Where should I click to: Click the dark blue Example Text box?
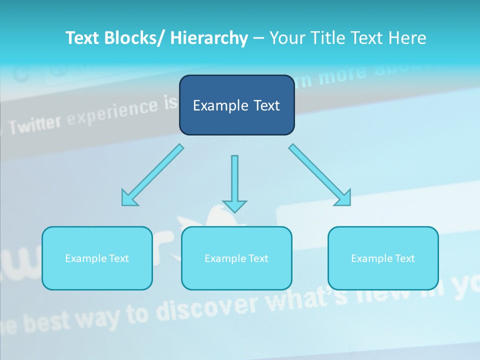(236, 105)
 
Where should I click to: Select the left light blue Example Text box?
(97, 258)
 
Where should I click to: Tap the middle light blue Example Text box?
(236, 258)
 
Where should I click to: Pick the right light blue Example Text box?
(383, 258)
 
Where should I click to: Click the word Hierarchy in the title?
(208, 38)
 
